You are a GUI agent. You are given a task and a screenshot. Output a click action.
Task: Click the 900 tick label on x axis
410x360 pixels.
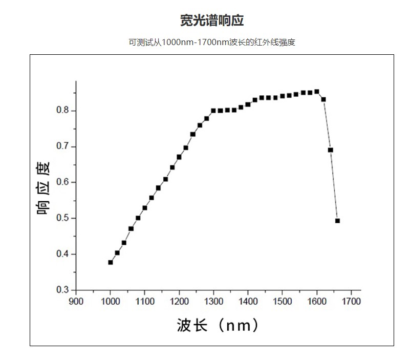coord(76,301)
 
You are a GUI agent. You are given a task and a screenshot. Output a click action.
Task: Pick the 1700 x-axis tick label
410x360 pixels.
coord(351,301)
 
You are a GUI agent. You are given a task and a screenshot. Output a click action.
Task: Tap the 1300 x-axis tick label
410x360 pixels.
coord(213,301)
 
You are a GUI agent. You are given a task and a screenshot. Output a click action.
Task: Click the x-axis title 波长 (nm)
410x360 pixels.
coord(218,325)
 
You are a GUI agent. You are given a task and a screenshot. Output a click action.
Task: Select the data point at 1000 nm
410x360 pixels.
coord(111,262)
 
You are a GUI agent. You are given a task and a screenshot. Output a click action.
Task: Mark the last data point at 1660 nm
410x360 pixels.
coord(337,221)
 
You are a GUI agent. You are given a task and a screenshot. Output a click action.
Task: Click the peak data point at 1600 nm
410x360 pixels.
coord(317,92)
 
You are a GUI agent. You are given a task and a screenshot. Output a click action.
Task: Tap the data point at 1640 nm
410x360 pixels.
coord(331,150)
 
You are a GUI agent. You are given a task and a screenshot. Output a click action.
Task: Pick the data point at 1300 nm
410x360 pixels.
coord(213,111)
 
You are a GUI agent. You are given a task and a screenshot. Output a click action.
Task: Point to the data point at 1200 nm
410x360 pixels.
coord(179,157)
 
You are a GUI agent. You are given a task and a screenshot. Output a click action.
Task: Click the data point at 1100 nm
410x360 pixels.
coord(145,208)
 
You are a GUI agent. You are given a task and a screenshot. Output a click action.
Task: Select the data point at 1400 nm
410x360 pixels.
coord(248,104)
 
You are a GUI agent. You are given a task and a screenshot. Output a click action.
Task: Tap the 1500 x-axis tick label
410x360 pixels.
coord(282,301)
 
